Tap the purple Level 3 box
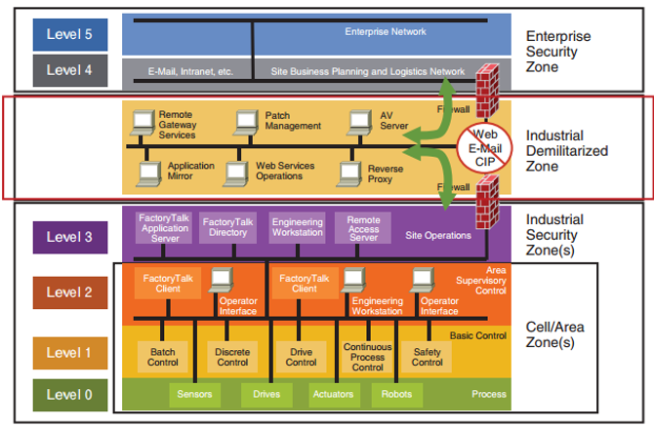click(x=68, y=237)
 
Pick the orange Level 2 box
click(x=68, y=291)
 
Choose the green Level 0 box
click(x=68, y=395)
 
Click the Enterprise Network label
click(x=386, y=32)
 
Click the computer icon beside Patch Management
click(x=247, y=122)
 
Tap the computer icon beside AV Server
click(x=362, y=122)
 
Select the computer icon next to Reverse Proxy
click(x=350, y=174)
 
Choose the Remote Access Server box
click(x=363, y=228)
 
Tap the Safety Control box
click(x=427, y=356)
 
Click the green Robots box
click(x=395, y=395)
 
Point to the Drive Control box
click(x=301, y=356)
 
